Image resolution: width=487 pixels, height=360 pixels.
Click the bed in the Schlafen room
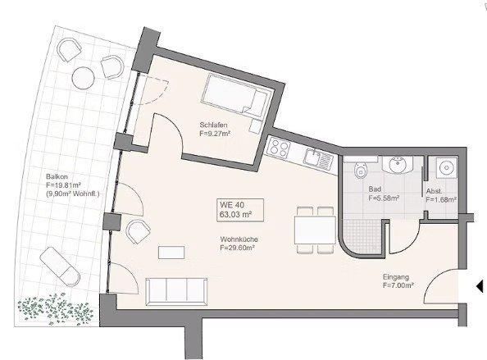tap(236, 96)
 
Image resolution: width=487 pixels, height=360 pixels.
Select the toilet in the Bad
tap(359, 171)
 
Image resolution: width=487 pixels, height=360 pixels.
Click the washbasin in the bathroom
tap(398, 164)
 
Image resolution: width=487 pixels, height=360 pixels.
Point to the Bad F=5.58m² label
tap(383, 194)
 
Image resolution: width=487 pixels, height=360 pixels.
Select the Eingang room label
tap(397, 281)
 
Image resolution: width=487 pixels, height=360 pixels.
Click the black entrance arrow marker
tap(478, 285)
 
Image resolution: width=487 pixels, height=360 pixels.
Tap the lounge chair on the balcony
tap(57, 264)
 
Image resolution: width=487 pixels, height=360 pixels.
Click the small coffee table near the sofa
tap(172, 251)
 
